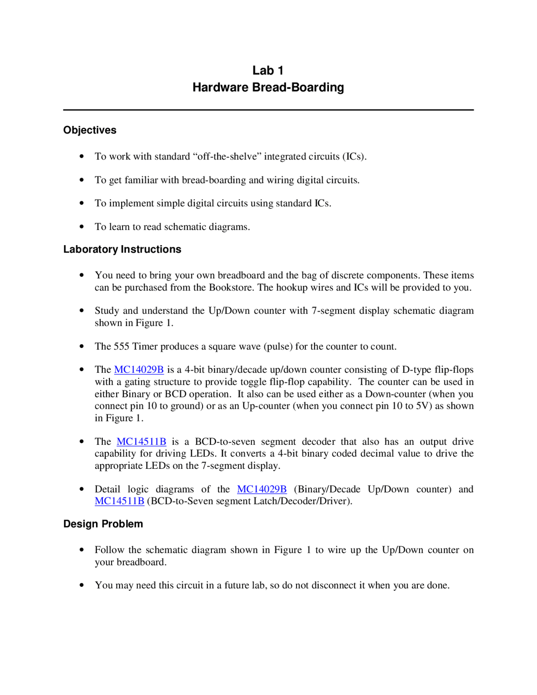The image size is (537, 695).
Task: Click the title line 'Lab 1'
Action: point(268,71)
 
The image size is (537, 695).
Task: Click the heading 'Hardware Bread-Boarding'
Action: point(268,87)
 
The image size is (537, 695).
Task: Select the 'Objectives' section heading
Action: point(90,130)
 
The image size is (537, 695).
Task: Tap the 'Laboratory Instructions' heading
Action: point(122,249)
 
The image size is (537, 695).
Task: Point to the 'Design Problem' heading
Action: point(103,524)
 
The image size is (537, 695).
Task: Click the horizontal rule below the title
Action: point(268,110)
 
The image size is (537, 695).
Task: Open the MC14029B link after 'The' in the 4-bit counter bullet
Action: point(139,370)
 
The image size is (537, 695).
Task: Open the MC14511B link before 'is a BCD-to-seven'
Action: point(141,442)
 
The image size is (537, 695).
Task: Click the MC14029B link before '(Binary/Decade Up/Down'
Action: point(262,489)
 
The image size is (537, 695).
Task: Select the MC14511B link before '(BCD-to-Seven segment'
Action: point(120,501)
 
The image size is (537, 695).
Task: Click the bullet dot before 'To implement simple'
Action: point(82,203)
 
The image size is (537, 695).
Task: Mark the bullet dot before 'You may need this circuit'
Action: point(82,585)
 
